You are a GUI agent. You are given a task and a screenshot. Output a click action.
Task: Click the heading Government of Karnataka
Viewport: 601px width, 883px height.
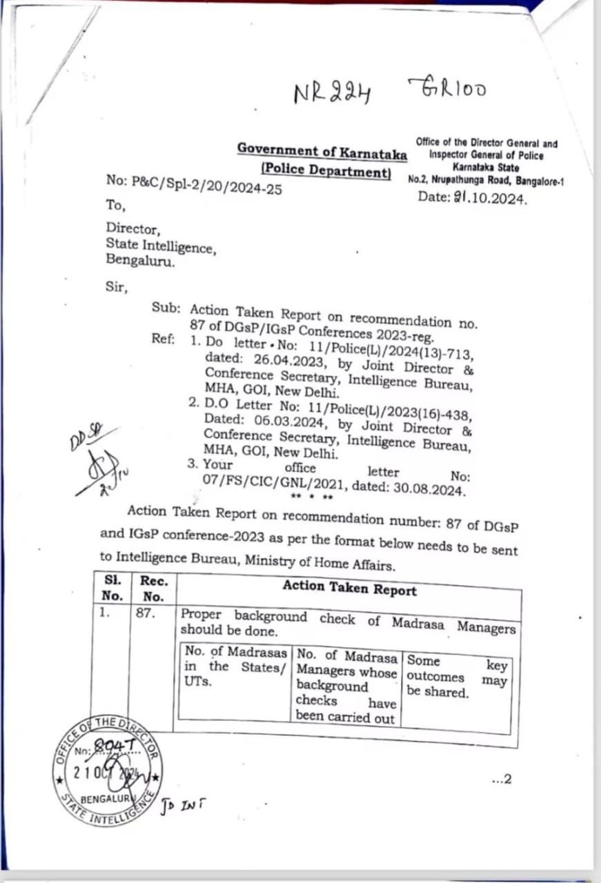click(322, 150)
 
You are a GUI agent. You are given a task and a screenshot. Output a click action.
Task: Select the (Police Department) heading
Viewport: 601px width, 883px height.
click(325, 170)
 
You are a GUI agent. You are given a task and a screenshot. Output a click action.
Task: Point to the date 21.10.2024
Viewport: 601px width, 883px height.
click(473, 197)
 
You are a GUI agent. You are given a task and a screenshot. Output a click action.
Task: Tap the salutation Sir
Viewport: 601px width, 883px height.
click(117, 287)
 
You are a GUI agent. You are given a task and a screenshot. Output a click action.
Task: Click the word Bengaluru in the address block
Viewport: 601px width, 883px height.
click(140, 260)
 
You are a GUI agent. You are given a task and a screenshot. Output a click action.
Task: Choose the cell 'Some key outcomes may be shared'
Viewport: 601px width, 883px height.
click(456, 677)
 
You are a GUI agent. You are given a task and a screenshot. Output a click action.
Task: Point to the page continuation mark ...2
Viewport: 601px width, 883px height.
click(502, 780)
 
